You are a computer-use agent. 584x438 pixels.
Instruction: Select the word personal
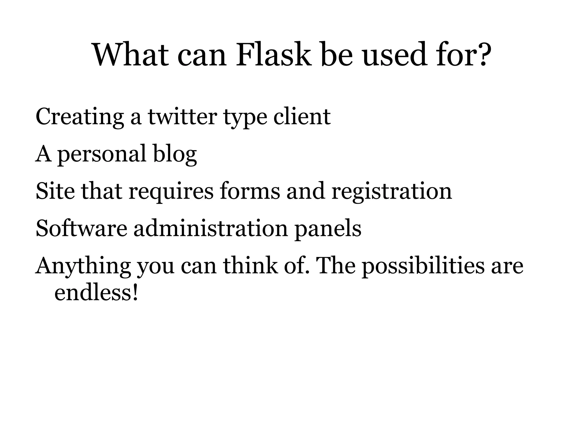click(x=102, y=155)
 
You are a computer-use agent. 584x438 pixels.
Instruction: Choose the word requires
click(x=171, y=192)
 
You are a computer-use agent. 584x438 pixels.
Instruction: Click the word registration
click(x=392, y=192)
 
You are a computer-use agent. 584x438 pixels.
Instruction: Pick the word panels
click(x=328, y=229)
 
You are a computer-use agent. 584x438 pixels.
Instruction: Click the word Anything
click(x=83, y=266)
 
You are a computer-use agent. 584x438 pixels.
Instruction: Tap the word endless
click(x=93, y=293)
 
